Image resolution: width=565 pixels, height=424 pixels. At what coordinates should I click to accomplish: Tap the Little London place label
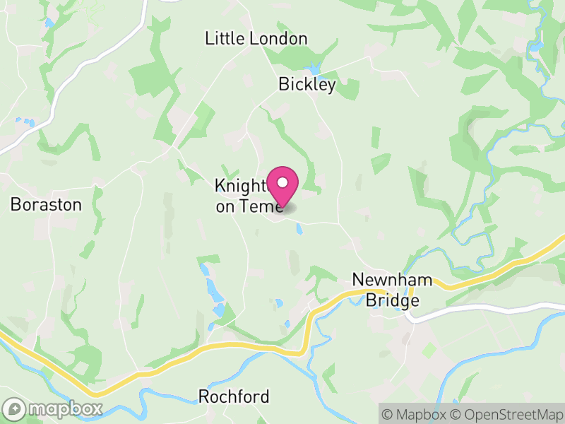[256, 39]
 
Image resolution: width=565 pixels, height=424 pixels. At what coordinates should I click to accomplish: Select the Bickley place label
[307, 85]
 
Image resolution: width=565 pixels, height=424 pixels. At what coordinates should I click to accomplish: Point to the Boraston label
[46, 205]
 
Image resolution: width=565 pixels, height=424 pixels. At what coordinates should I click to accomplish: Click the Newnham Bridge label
[393, 290]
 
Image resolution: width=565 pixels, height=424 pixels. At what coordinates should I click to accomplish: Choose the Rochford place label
[234, 396]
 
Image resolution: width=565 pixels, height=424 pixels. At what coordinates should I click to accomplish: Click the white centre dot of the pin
[282, 182]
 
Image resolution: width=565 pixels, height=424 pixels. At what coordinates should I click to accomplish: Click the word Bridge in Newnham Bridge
[393, 300]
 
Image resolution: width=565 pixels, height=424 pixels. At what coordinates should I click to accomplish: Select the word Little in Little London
[224, 39]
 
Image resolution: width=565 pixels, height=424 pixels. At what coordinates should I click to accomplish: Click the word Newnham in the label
[393, 281]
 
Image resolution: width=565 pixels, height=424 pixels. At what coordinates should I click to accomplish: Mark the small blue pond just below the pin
[299, 229]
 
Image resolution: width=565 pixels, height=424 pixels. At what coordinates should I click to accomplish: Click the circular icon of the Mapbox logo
[14, 408]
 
